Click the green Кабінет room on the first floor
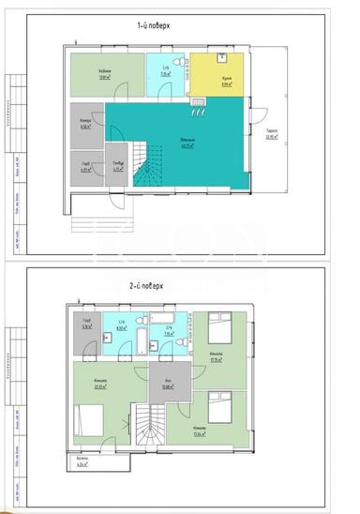tap(107, 75)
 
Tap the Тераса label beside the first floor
tap(271, 132)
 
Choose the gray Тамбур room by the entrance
tap(117, 164)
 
